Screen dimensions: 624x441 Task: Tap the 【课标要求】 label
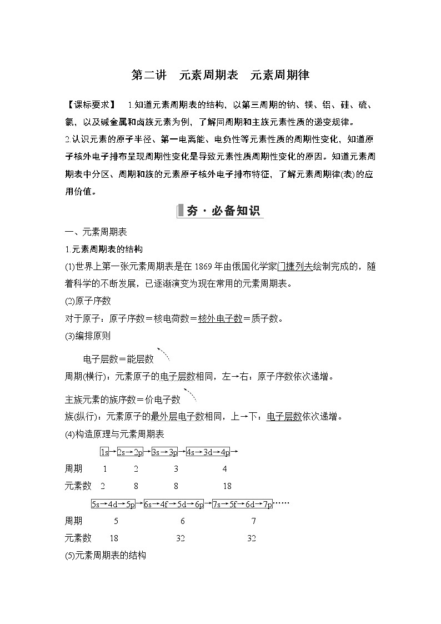pos(90,105)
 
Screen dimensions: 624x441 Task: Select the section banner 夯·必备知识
pos(220,212)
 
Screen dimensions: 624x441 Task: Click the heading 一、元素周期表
pos(96,233)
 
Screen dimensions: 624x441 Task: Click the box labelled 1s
pos(104,452)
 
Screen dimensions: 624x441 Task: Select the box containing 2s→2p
pos(130,452)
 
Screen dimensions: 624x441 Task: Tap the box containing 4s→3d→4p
pos(208,452)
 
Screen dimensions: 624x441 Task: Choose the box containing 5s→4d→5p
pos(114,504)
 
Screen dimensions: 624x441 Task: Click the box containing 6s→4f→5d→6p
pos(174,504)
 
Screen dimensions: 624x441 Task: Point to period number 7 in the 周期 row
pos(253,521)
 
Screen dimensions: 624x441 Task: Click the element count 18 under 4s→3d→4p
pos(227,486)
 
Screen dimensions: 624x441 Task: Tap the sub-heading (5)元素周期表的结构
pos(106,555)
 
